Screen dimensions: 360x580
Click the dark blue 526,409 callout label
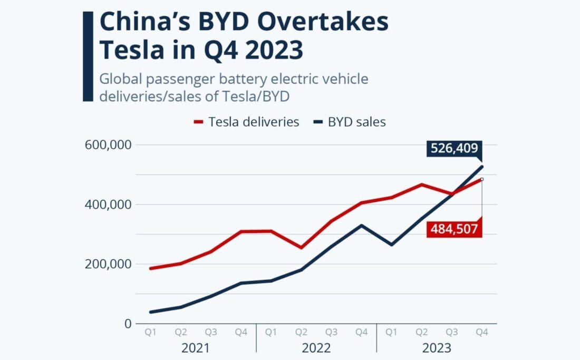(454, 150)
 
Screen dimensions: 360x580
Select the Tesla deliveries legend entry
(247, 122)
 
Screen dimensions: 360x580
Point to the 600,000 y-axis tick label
(108, 145)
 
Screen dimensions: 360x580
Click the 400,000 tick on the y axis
(108, 205)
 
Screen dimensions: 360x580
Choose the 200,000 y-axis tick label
(108, 264)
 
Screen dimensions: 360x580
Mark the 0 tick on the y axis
(127, 324)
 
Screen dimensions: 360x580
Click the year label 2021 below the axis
(195, 348)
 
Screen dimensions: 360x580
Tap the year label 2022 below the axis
(316, 348)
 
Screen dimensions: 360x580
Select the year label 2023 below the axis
(436, 348)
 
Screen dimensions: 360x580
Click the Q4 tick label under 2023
(481, 333)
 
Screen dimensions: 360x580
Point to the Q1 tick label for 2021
(150, 333)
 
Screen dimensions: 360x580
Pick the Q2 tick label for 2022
(301, 333)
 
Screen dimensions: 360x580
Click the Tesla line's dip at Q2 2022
(301, 247)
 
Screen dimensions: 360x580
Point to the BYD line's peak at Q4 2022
(361, 225)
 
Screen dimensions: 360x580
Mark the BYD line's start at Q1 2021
(151, 312)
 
